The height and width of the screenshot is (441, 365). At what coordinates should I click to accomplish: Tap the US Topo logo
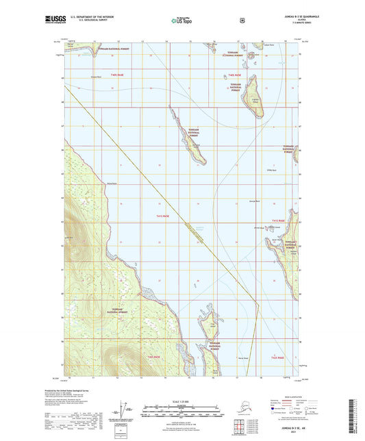tap(181, 21)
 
